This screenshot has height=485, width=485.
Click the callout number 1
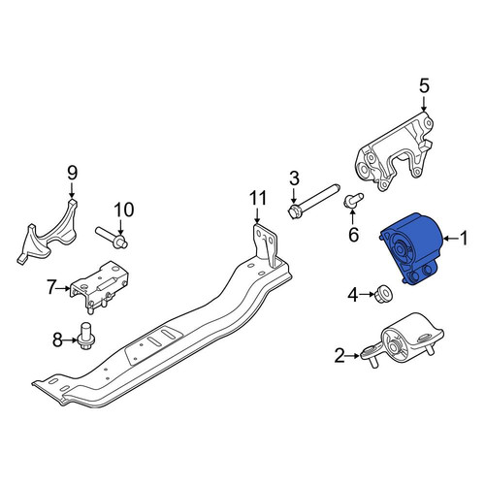pyautogui.click(x=464, y=239)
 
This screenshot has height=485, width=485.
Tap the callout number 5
pyautogui.click(x=424, y=86)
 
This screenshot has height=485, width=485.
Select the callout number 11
pyautogui.click(x=258, y=198)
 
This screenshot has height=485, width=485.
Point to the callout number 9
pyautogui.click(x=73, y=173)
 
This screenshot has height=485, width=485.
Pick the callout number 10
pyautogui.click(x=124, y=210)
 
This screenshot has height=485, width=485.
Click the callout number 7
pyautogui.click(x=51, y=287)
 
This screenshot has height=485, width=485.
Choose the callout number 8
pyautogui.click(x=57, y=339)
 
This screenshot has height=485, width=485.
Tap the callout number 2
pyautogui.click(x=339, y=356)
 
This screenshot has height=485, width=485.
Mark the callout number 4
pyautogui.click(x=353, y=295)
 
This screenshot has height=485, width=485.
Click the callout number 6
pyautogui.click(x=354, y=235)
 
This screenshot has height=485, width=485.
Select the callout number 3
pyautogui.click(x=294, y=178)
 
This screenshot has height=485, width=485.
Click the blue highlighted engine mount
pyautogui.click(x=410, y=249)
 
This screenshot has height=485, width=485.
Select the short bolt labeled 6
pyautogui.click(x=353, y=200)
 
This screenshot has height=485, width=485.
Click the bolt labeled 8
pyautogui.click(x=85, y=337)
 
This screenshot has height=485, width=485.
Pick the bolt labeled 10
pyautogui.click(x=112, y=237)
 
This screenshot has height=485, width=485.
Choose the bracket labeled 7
pyautogui.click(x=99, y=285)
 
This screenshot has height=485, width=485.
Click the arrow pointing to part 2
pyautogui.click(x=353, y=356)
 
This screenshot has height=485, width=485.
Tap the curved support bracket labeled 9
pyautogui.click(x=48, y=235)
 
